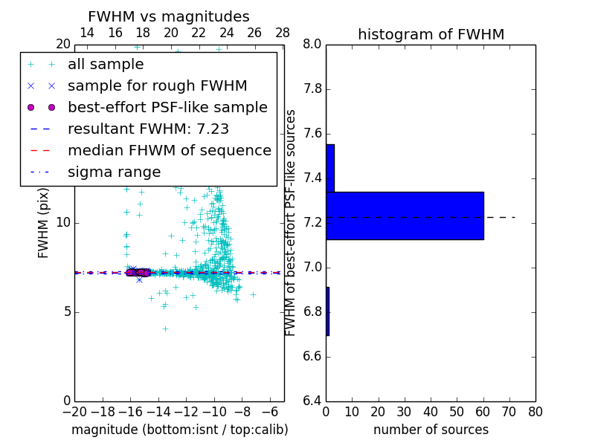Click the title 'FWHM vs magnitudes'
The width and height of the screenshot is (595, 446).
[169, 17]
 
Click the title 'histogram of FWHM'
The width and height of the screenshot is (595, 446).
[431, 34]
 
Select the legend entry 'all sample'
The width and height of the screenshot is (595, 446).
[106, 65]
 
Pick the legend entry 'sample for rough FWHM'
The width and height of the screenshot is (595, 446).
[157, 86]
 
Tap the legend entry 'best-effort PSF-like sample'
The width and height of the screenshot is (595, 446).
[167, 108]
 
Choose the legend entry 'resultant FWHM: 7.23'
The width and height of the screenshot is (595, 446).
[148, 129]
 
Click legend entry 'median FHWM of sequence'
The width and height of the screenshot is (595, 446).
[169, 151]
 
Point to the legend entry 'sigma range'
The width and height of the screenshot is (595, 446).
[114, 172]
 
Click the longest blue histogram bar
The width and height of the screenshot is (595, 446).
[405, 216]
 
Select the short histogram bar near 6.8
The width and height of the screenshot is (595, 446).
[327, 311]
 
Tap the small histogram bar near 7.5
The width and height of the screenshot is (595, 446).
[330, 168]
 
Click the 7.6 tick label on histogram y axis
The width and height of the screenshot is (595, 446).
[312, 134]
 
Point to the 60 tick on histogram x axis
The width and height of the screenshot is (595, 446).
[483, 412]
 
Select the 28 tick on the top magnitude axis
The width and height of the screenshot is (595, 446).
[283, 33]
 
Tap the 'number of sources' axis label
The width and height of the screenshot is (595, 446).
[431, 430]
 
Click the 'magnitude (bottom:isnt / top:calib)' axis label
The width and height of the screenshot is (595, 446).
[179, 430]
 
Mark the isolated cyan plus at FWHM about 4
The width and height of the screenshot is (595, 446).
[165, 329]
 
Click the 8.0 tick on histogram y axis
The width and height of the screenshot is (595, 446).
[312, 45]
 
